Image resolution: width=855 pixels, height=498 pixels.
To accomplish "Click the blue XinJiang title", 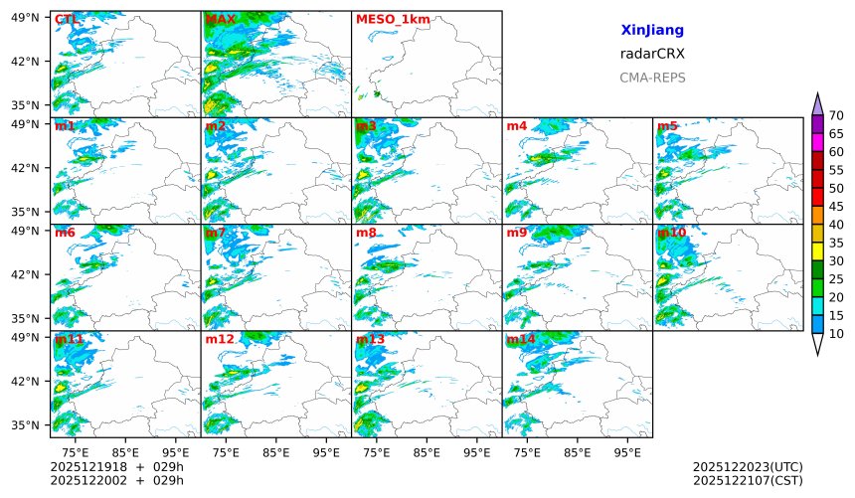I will click(x=651, y=31).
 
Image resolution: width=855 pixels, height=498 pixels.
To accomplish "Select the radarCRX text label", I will click(x=651, y=54).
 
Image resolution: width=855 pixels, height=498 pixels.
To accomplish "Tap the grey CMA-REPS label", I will click(x=651, y=78).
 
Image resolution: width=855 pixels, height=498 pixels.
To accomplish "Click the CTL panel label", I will click(x=68, y=19).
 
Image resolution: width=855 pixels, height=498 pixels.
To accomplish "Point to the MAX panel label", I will click(x=220, y=19).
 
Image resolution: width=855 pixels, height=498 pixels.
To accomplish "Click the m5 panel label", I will click(x=667, y=126).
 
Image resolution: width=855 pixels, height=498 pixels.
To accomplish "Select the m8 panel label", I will click(x=366, y=233).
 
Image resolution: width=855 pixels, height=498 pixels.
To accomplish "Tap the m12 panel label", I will click(x=220, y=339).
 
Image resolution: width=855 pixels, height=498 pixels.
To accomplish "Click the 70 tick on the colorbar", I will click(x=836, y=115).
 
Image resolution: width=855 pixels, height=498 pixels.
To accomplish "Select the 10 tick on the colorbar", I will click(x=836, y=334).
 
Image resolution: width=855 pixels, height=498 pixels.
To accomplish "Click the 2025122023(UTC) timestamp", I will click(x=748, y=466).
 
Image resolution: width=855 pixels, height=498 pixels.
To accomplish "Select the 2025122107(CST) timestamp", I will click(x=748, y=480).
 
